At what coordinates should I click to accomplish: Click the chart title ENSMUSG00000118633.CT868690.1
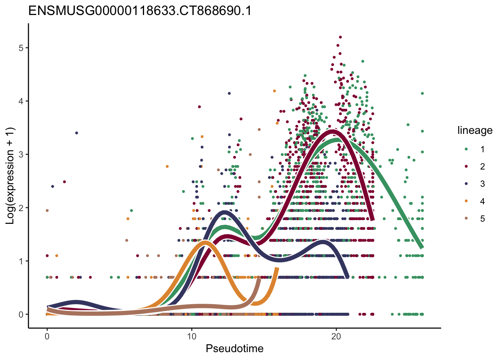click(x=140, y=11)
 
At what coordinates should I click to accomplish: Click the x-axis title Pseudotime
click(x=234, y=349)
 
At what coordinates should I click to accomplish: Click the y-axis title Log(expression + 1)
click(x=10, y=176)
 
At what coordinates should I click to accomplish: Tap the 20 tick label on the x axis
click(x=336, y=336)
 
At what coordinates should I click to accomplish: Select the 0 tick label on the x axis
click(x=47, y=336)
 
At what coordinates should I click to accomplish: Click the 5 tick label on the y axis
click(x=21, y=48)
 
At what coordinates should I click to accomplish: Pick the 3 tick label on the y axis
click(x=21, y=154)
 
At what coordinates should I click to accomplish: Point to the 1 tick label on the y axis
click(x=21, y=261)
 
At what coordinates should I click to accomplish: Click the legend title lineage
click(x=475, y=130)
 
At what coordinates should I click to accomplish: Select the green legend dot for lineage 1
click(x=466, y=149)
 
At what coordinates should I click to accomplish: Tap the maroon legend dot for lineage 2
click(x=466, y=166)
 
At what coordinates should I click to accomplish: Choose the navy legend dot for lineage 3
click(x=466, y=184)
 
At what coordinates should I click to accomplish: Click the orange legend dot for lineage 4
click(x=466, y=201)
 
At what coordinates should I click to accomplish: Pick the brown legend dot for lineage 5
click(x=466, y=219)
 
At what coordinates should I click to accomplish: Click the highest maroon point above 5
click(x=340, y=37)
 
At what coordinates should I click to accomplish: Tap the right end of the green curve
click(x=422, y=247)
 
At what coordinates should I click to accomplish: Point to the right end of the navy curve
click(x=347, y=277)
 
